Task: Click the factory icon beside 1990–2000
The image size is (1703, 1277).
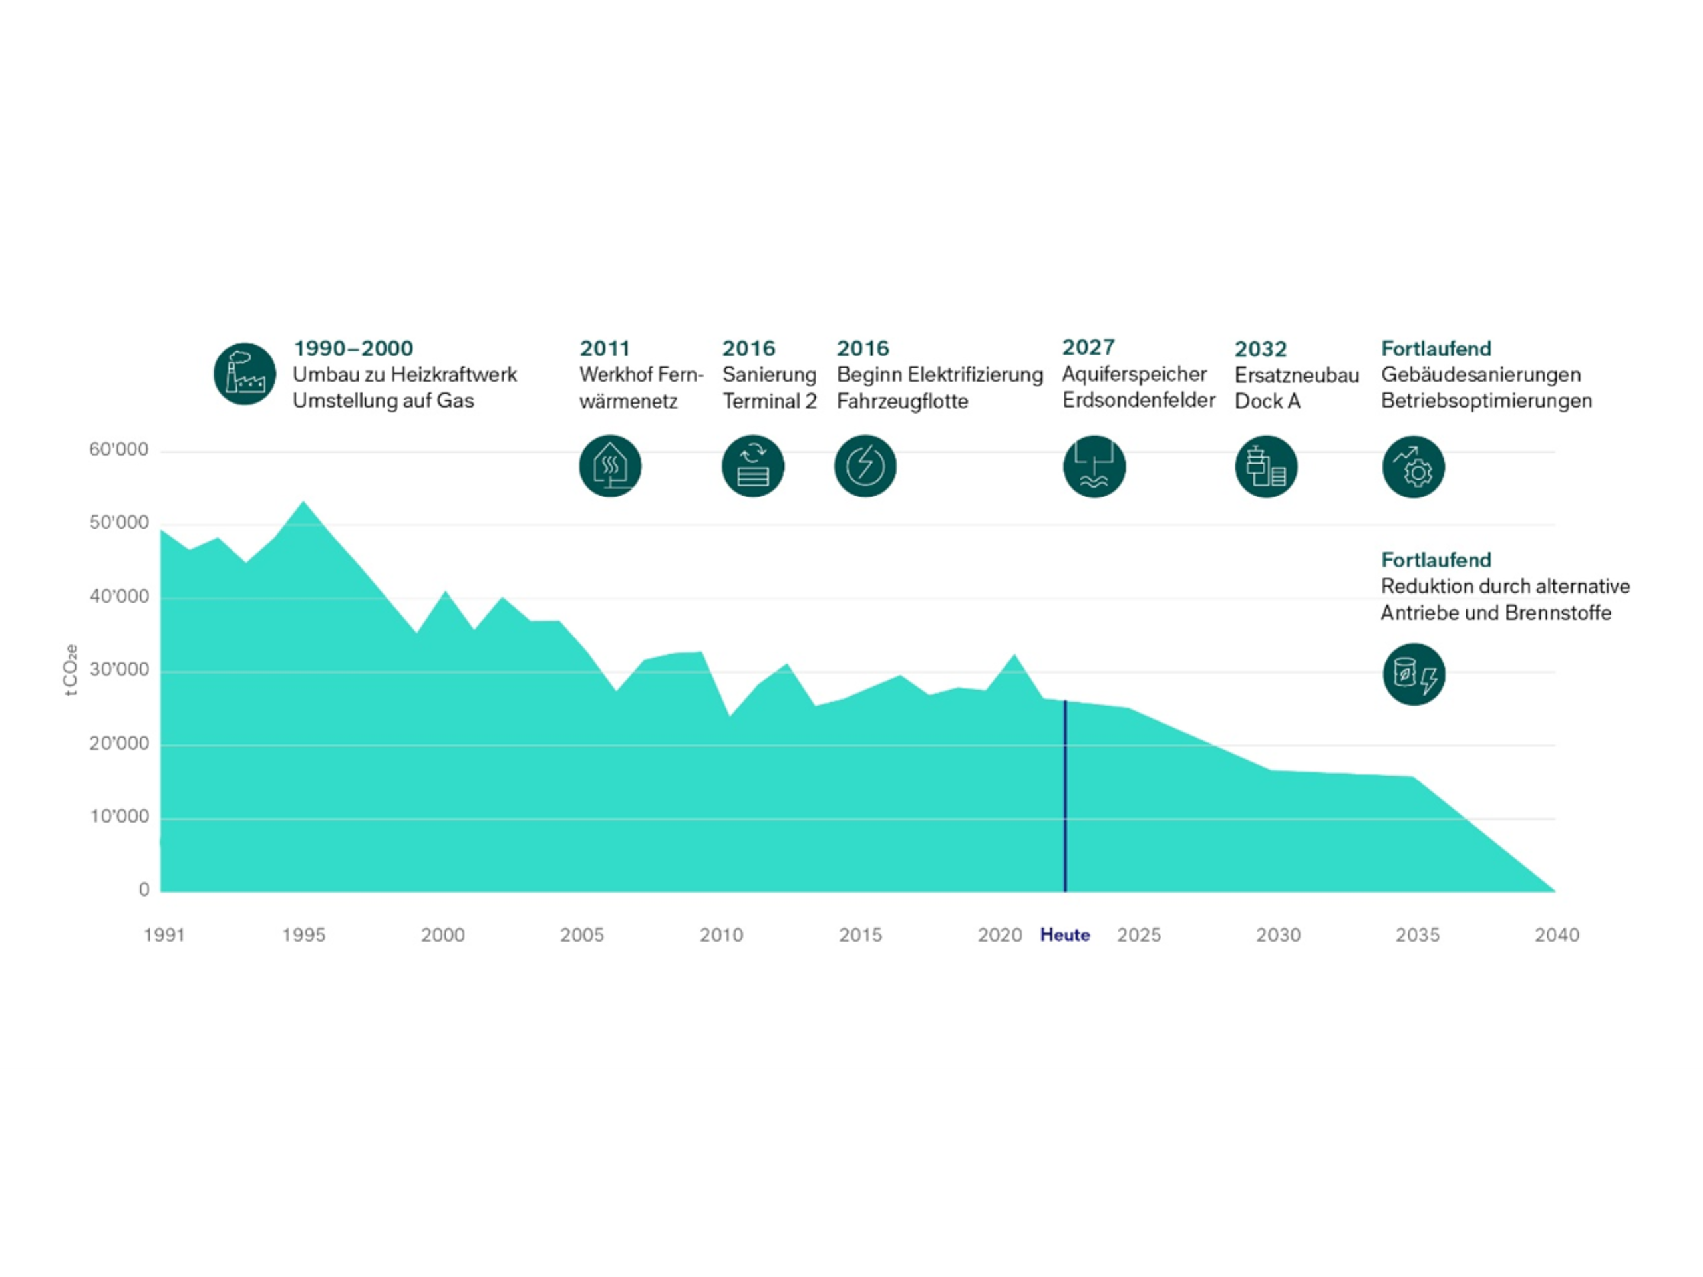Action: pyautogui.click(x=244, y=374)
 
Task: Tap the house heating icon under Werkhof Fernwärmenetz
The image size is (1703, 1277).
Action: pyautogui.click(x=610, y=466)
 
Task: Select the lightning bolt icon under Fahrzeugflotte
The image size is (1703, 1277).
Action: pyautogui.click(x=865, y=466)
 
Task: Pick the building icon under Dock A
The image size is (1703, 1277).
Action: pyautogui.click(x=1266, y=466)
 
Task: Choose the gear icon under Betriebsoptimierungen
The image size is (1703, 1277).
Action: pyautogui.click(x=1413, y=466)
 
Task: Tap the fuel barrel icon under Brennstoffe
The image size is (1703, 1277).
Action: pyautogui.click(x=1414, y=674)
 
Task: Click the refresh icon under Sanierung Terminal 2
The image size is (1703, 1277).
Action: pyautogui.click(x=752, y=466)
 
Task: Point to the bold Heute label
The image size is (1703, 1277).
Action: pyautogui.click(x=1065, y=935)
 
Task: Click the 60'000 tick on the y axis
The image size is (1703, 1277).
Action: pyautogui.click(x=118, y=450)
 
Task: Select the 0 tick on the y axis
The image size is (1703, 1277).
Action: pyautogui.click(x=144, y=890)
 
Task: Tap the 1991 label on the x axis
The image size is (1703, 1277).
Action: pyautogui.click(x=164, y=935)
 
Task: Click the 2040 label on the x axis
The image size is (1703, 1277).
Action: pyautogui.click(x=1557, y=935)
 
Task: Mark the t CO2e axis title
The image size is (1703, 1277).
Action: pyautogui.click(x=70, y=670)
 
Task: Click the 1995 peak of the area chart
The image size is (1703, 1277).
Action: pyautogui.click(x=303, y=503)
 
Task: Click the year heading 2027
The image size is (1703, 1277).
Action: pyautogui.click(x=1088, y=347)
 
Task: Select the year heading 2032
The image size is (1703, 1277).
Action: pyautogui.click(x=1261, y=349)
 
